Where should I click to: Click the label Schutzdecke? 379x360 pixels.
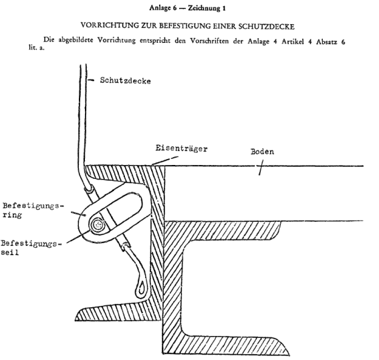pyautogui.click(x=125, y=80)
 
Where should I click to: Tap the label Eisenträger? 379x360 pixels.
pyautogui.click(x=181, y=148)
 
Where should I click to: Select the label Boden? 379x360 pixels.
pyautogui.click(x=262, y=152)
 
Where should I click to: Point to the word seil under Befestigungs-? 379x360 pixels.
pyautogui.click(x=9, y=252)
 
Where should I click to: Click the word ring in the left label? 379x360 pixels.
pyautogui.click(x=12, y=214)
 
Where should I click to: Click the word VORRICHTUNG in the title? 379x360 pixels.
pyautogui.click(x=110, y=25)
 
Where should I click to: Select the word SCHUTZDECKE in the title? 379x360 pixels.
pyautogui.click(x=266, y=26)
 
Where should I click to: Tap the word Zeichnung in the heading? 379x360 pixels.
pyautogui.click(x=204, y=9)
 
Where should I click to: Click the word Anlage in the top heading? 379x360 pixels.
pyautogui.click(x=160, y=8)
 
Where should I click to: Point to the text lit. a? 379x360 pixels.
pyautogui.click(x=37, y=47)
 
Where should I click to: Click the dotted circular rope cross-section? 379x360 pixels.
pyautogui.click(x=98, y=225)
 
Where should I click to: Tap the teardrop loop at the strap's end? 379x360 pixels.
pyautogui.click(x=141, y=289)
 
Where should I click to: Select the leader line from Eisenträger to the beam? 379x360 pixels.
pyautogui.click(x=165, y=160)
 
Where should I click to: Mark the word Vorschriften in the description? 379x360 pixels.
pyautogui.click(x=209, y=41)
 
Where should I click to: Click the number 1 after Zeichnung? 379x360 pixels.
pyautogui.click(x=224, y=9)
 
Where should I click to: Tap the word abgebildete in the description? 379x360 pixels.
pyautogui.click(x=76, y=40)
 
